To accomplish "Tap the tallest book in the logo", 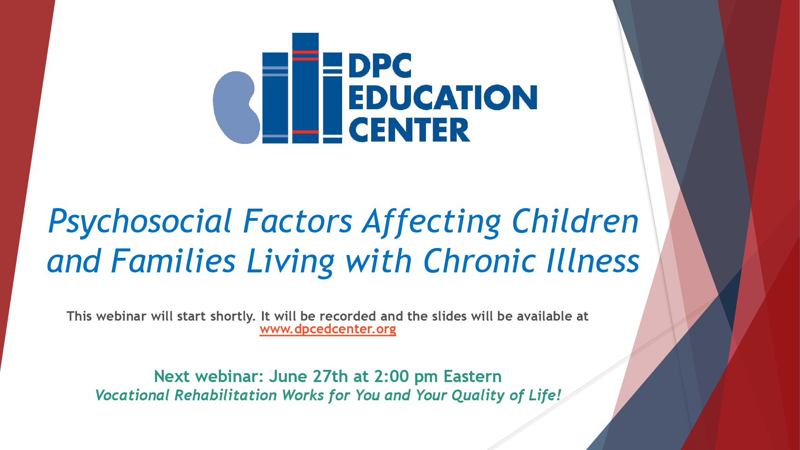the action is [306, 88].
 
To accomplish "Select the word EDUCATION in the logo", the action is [443, 97].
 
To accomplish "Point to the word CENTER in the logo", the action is [409, 130].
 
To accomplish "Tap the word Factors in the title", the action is [298, 221].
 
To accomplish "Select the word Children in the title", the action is [575, 221].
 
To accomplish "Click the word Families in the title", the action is [173, 260].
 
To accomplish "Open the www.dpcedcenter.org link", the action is [328, 329].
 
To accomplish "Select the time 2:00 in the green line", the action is [391, 376].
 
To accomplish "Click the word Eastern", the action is [472, 376].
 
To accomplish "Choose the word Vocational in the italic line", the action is [133, 395].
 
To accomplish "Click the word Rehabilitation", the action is [225, 395].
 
